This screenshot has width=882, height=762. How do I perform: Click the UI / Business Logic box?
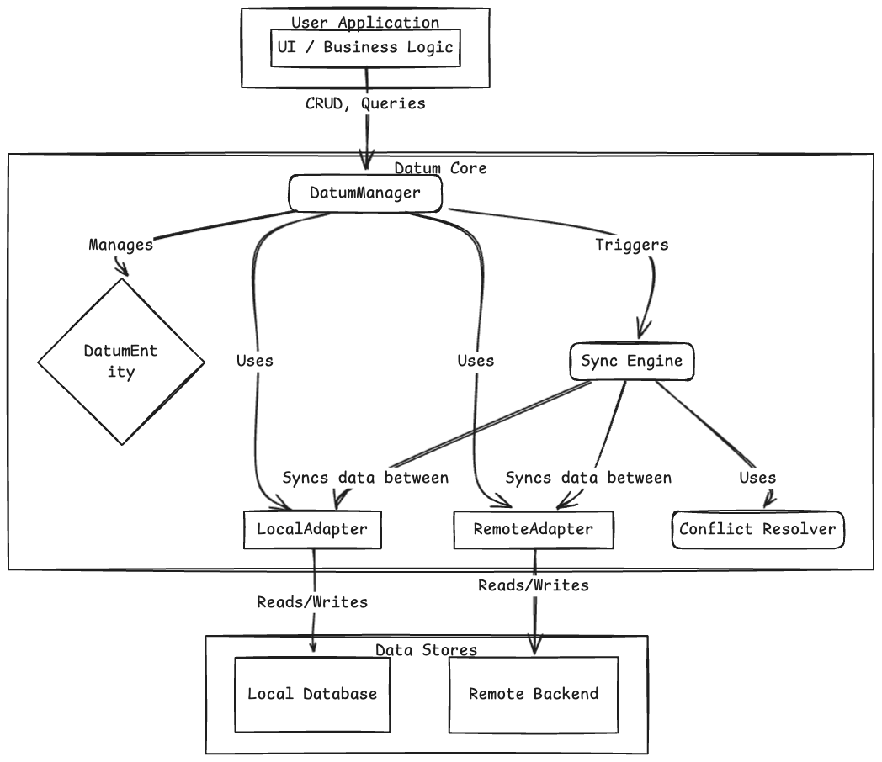point(365,48)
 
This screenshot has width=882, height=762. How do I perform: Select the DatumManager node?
point(364,193)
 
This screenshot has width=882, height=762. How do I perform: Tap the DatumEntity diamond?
point(121,362)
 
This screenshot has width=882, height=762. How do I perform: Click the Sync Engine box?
point(632,362)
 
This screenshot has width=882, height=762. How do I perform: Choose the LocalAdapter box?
point(312,530)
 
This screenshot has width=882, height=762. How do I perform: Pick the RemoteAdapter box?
point(534,530)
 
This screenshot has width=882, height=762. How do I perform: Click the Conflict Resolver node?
point(757,530)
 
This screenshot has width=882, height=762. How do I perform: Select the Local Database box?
point(312,695)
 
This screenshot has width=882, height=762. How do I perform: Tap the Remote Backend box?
point(534,695)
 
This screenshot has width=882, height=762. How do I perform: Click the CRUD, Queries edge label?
point(365,104)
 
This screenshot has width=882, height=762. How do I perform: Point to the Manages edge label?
point(121,245)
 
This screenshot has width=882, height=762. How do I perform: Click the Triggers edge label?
point(632,245)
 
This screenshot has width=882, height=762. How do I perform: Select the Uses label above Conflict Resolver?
point(757,478)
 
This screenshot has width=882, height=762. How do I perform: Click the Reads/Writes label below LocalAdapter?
point(312,602)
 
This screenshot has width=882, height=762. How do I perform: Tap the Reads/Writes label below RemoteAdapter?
point(534,585)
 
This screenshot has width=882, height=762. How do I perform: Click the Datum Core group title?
point(440,168)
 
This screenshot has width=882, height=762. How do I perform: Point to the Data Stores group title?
point(426,650)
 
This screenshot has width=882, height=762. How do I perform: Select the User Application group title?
point(365,23)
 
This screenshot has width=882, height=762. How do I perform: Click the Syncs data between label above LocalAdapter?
point(365,478)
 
